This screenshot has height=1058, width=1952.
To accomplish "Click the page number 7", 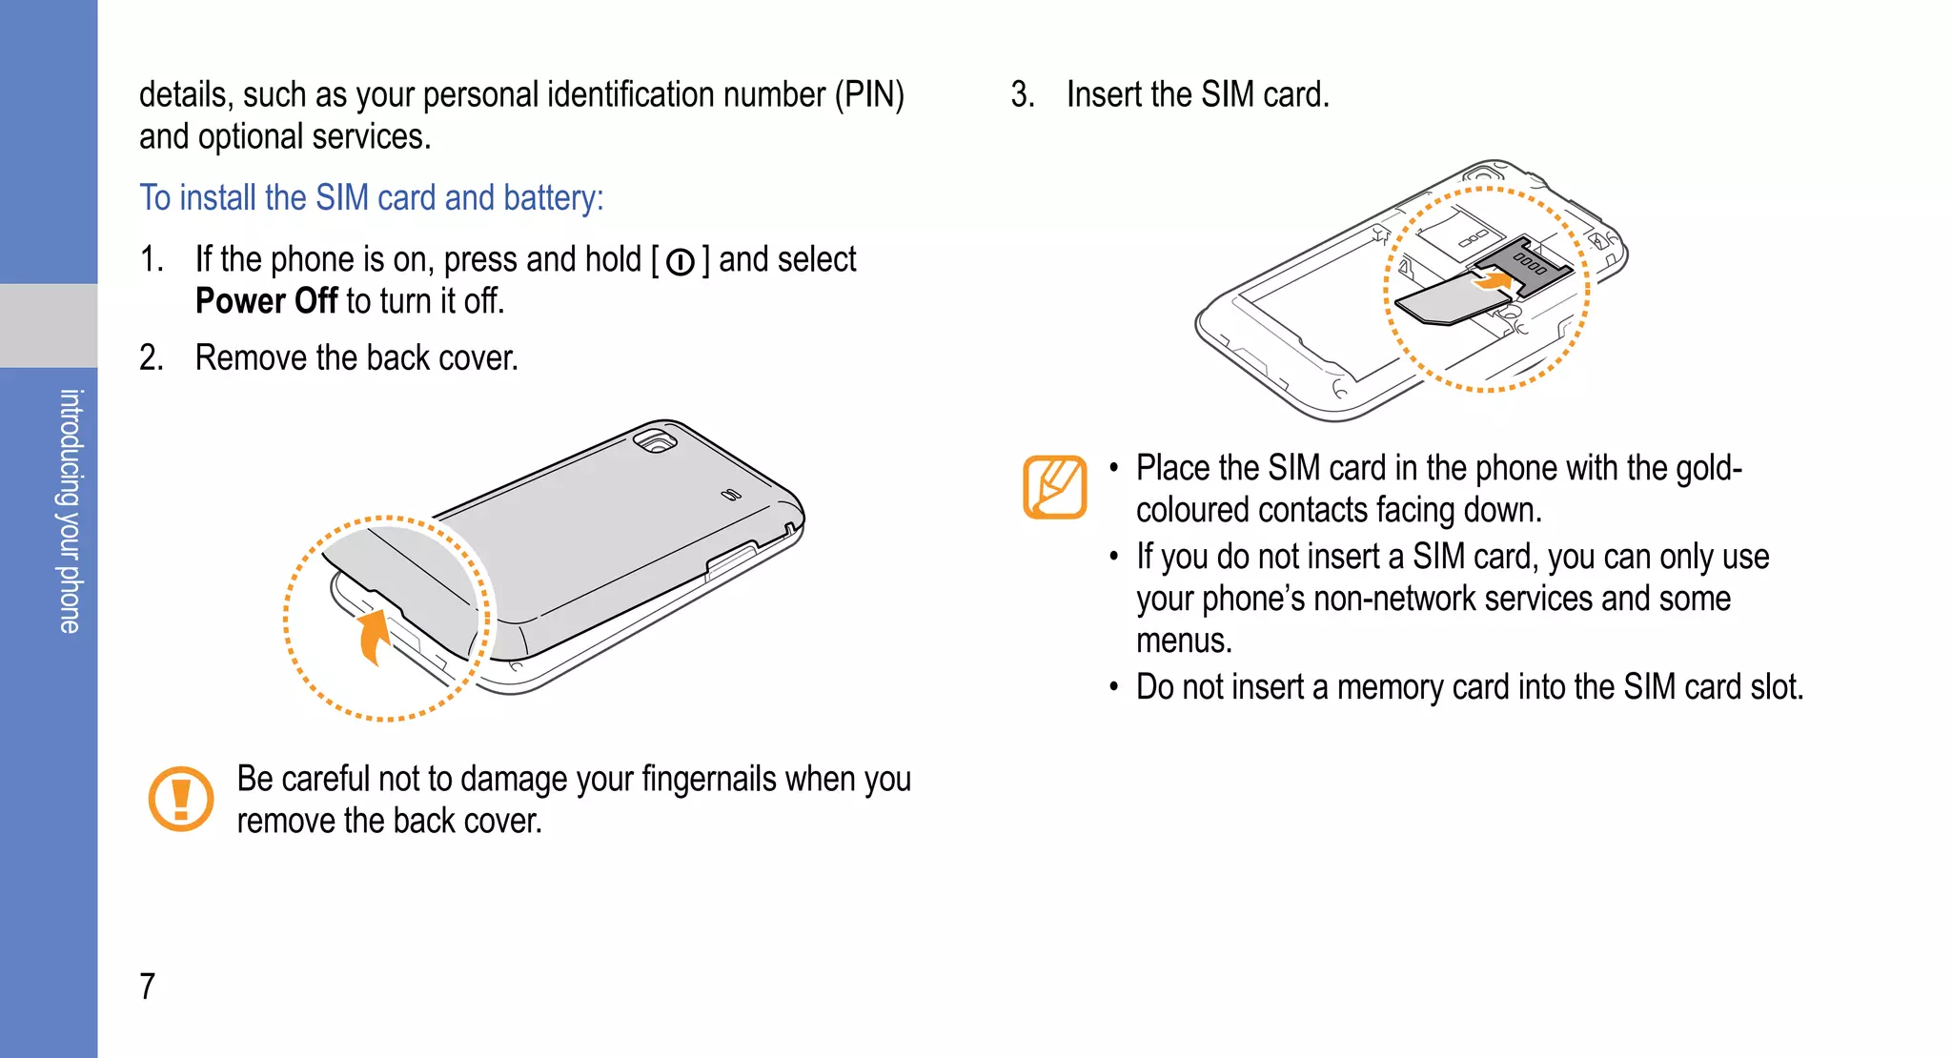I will [x=148, y=986].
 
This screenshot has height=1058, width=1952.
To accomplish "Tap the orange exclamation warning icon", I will [x=181, y=799].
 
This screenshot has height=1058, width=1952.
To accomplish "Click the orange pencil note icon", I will [x=1054, y=487].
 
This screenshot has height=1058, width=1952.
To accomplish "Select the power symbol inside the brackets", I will [x=681, y=262].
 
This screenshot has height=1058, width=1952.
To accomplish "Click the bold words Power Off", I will [x=266, y=301].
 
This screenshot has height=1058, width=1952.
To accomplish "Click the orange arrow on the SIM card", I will [x=1493, y=280].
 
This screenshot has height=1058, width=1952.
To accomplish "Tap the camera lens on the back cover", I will [x=657, y=441].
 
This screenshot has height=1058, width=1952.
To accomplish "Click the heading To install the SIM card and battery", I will [x=372, y=197].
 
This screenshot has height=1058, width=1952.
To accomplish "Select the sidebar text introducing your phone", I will [x=70, y=511].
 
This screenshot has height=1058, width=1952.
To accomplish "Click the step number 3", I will [x=1022, y=94].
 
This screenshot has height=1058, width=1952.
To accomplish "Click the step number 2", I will [x=151, y=357].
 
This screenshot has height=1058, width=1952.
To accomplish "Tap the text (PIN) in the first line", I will [x=869, y=94].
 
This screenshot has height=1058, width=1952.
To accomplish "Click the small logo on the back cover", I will [x=730, y=495].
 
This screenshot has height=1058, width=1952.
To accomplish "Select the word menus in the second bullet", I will [x=1183, y=641].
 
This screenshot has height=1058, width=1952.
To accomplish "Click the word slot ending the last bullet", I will [x=1776, y=687].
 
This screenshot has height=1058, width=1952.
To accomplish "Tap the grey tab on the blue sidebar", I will [x=49, y=325].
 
